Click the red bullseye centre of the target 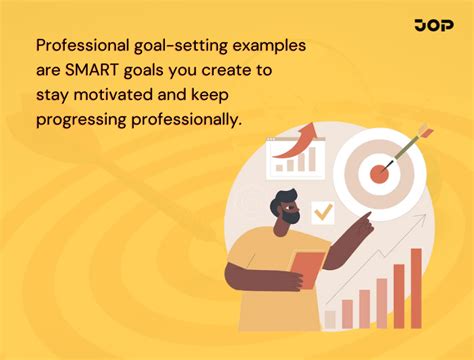379,173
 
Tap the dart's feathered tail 423,131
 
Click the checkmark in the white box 323,212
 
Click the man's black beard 291,216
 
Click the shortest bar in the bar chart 330,319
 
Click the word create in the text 224,73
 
